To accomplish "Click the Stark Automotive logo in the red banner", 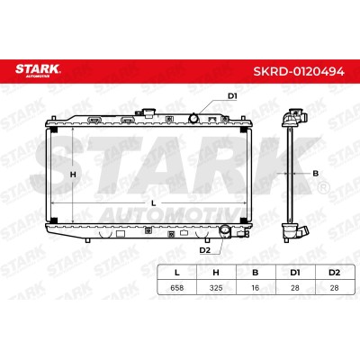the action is (x=38, y=71).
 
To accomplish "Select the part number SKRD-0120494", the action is (x=299, y=71).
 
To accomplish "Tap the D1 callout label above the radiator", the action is (x=232, y=96).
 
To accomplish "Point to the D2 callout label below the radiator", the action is (x=205, y=250).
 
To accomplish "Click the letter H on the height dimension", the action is (x=73, y=174).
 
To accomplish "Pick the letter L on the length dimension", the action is (x=154, y=203).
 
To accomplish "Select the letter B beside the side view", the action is (x=315, y=173).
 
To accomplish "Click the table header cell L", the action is (x=177, y=273).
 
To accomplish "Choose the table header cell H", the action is (x=216, y=273).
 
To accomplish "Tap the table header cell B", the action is (x=256, y=273).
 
